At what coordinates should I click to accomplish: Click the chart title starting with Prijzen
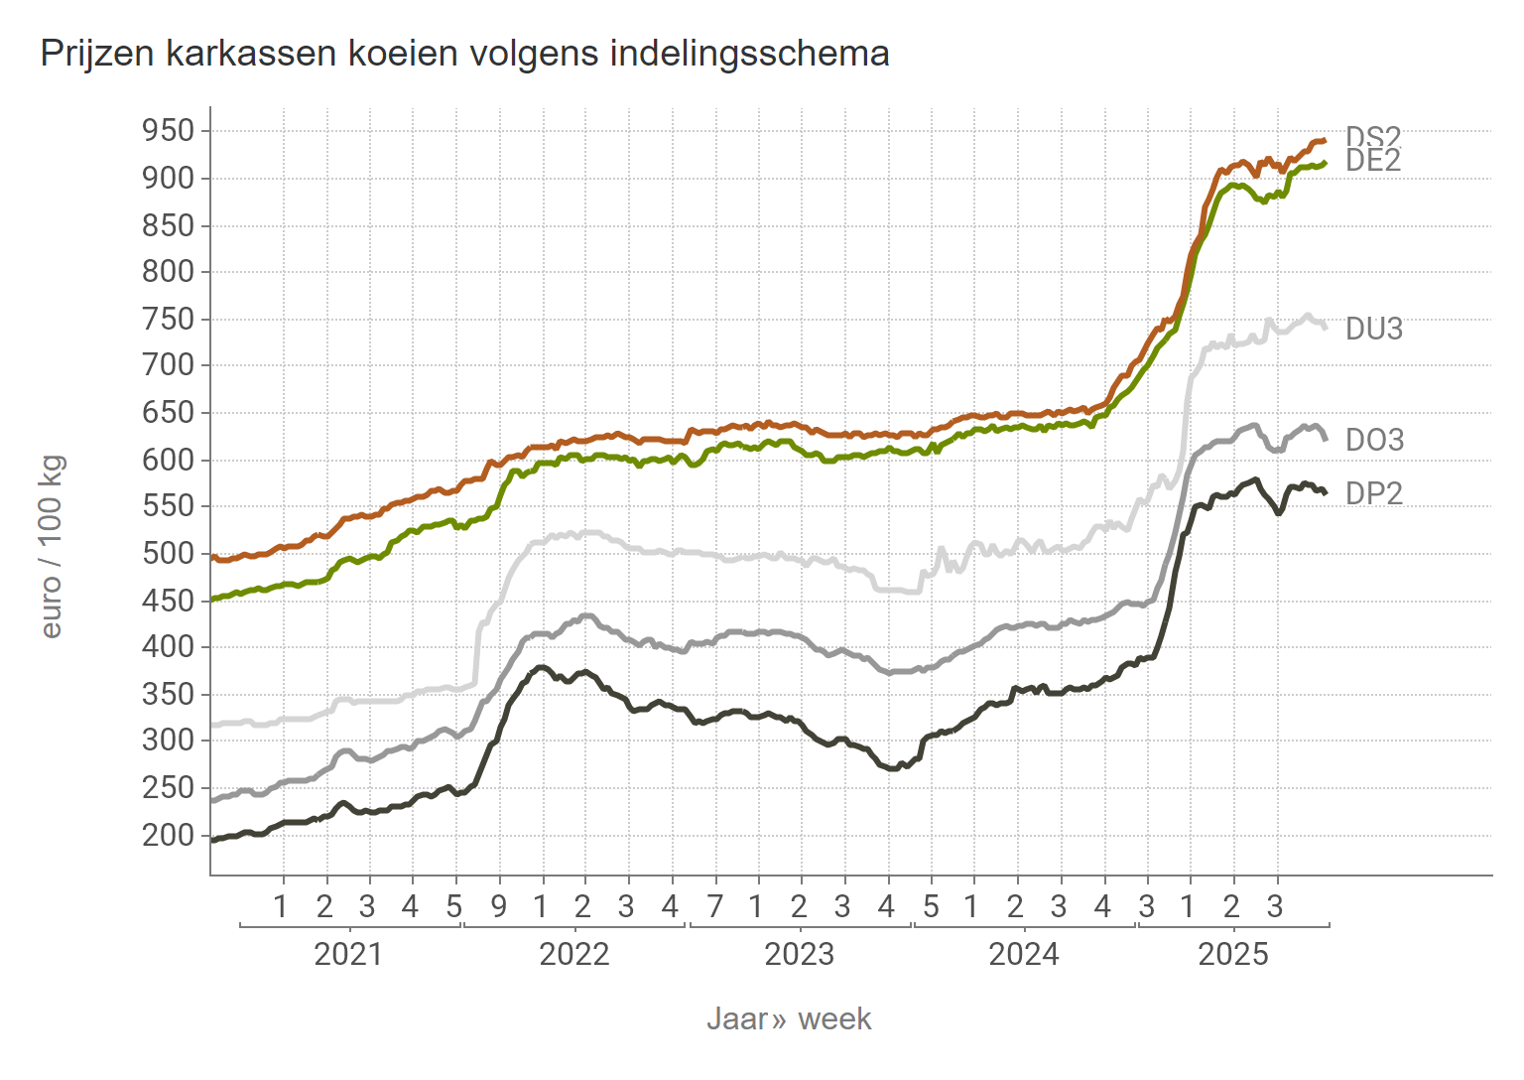coord(464,54)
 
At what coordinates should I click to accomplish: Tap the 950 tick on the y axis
coord(168,131)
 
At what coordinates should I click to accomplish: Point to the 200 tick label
coord(168,836)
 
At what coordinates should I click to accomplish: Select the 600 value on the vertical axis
coord(168,460)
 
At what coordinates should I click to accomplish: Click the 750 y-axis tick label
coord(168,319)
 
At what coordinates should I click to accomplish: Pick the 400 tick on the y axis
coord(168,647)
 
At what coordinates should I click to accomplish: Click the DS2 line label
coord(1372,136)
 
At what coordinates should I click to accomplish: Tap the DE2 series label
coord(1373,161)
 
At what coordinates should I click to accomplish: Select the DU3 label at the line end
coord(1374,330)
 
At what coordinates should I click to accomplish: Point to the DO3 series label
coord(1374,440)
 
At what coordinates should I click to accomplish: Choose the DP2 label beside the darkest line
coord(1374,493)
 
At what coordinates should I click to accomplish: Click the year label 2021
coord(348,955)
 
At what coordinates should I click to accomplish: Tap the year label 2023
coord(799,955)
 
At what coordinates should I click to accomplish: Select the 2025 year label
coord(1233,955)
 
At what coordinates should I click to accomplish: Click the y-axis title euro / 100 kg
coord(53,547)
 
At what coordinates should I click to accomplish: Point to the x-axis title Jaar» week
coord(789,1019)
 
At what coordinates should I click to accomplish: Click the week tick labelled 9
coord(498,906)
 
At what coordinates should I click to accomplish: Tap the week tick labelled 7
coord(714,906)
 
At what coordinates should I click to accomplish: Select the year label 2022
coord(573,955)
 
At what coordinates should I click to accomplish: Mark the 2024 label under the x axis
coord(1024,955)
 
